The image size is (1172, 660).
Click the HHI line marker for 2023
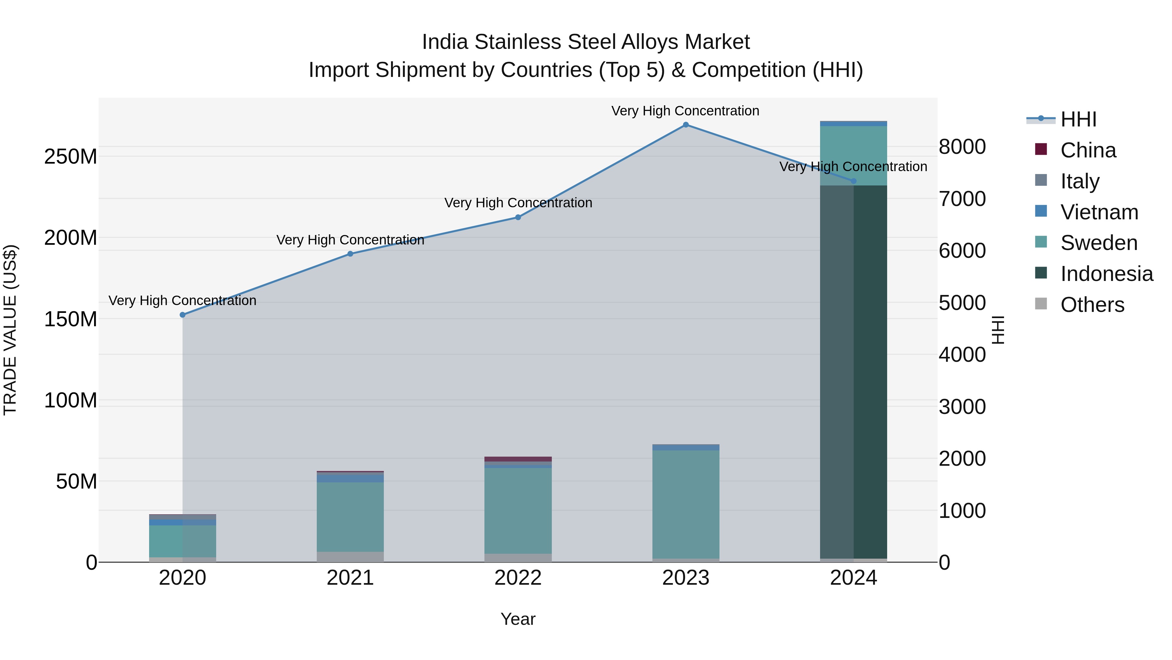point(686,125)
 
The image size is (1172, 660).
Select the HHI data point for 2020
point(182,315)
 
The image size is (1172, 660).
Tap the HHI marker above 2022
point(518,217)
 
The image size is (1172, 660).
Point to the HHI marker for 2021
point(350,254)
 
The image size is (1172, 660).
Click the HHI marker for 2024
point(854,181)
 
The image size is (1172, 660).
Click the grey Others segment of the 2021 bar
point(350,557)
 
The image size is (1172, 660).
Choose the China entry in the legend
point(1088,150)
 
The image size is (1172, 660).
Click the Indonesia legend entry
point(1106,274)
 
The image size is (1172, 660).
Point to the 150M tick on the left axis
point(71,319)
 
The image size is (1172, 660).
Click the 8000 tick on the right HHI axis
point(962,147)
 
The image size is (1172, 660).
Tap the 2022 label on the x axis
point(518,578)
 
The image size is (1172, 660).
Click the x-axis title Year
point(518,619)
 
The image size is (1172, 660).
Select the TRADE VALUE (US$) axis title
point(10,330)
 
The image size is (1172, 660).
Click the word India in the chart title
point(444,42)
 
